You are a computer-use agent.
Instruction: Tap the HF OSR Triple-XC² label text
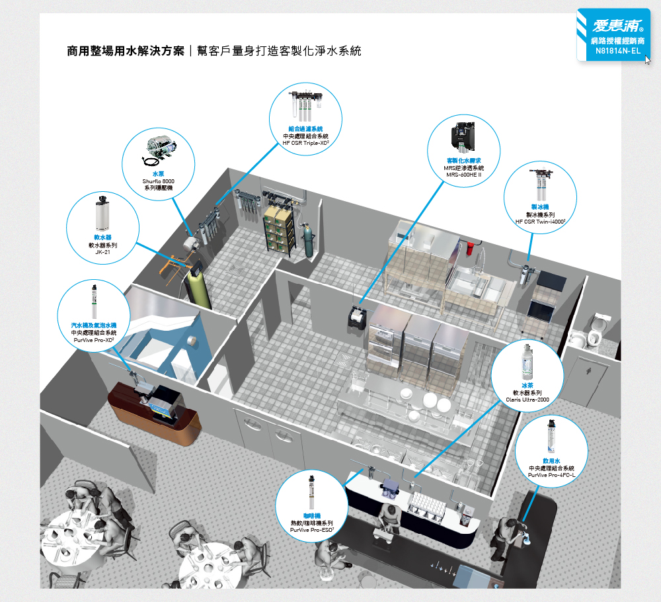[305, 143]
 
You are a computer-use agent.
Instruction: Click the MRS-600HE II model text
[463, 175]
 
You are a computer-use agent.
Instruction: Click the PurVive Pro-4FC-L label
[552, 474]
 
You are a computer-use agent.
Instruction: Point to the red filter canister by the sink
[468, 249]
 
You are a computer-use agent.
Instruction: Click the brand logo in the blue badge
[613, 26]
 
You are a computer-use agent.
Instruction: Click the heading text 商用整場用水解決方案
[126, 51]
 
